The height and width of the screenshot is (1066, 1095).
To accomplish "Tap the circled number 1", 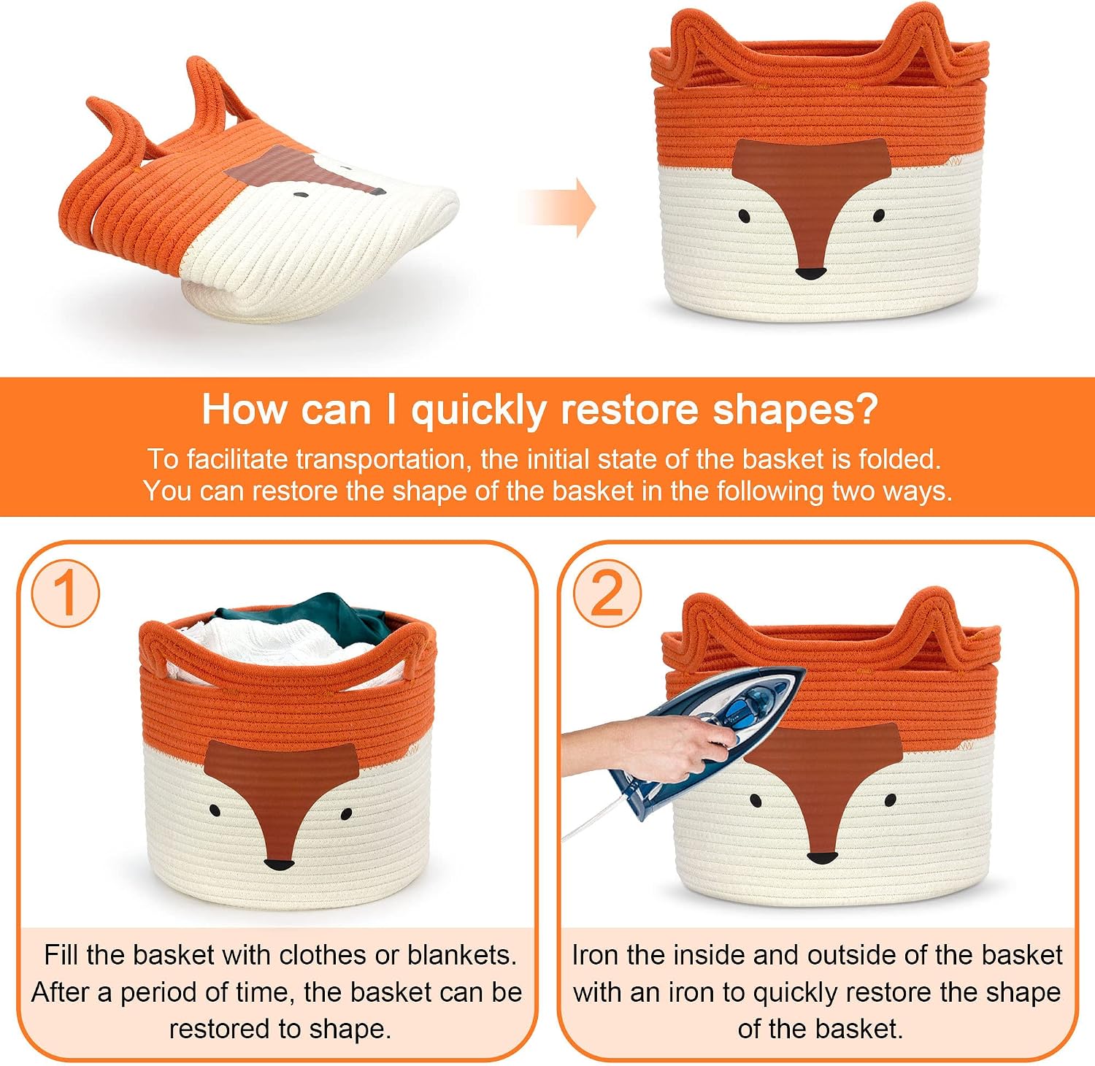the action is tap(65, 593).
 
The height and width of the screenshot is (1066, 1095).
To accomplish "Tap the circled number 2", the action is tap(607, 593).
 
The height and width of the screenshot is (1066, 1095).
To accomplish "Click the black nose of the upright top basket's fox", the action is tap(810, 274).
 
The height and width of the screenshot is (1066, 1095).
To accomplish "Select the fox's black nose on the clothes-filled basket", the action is tap(280, 866).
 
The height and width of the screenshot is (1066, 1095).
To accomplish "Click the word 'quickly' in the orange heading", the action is tap(478, 410).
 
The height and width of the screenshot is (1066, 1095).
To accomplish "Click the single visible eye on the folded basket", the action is tap(300, 195).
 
